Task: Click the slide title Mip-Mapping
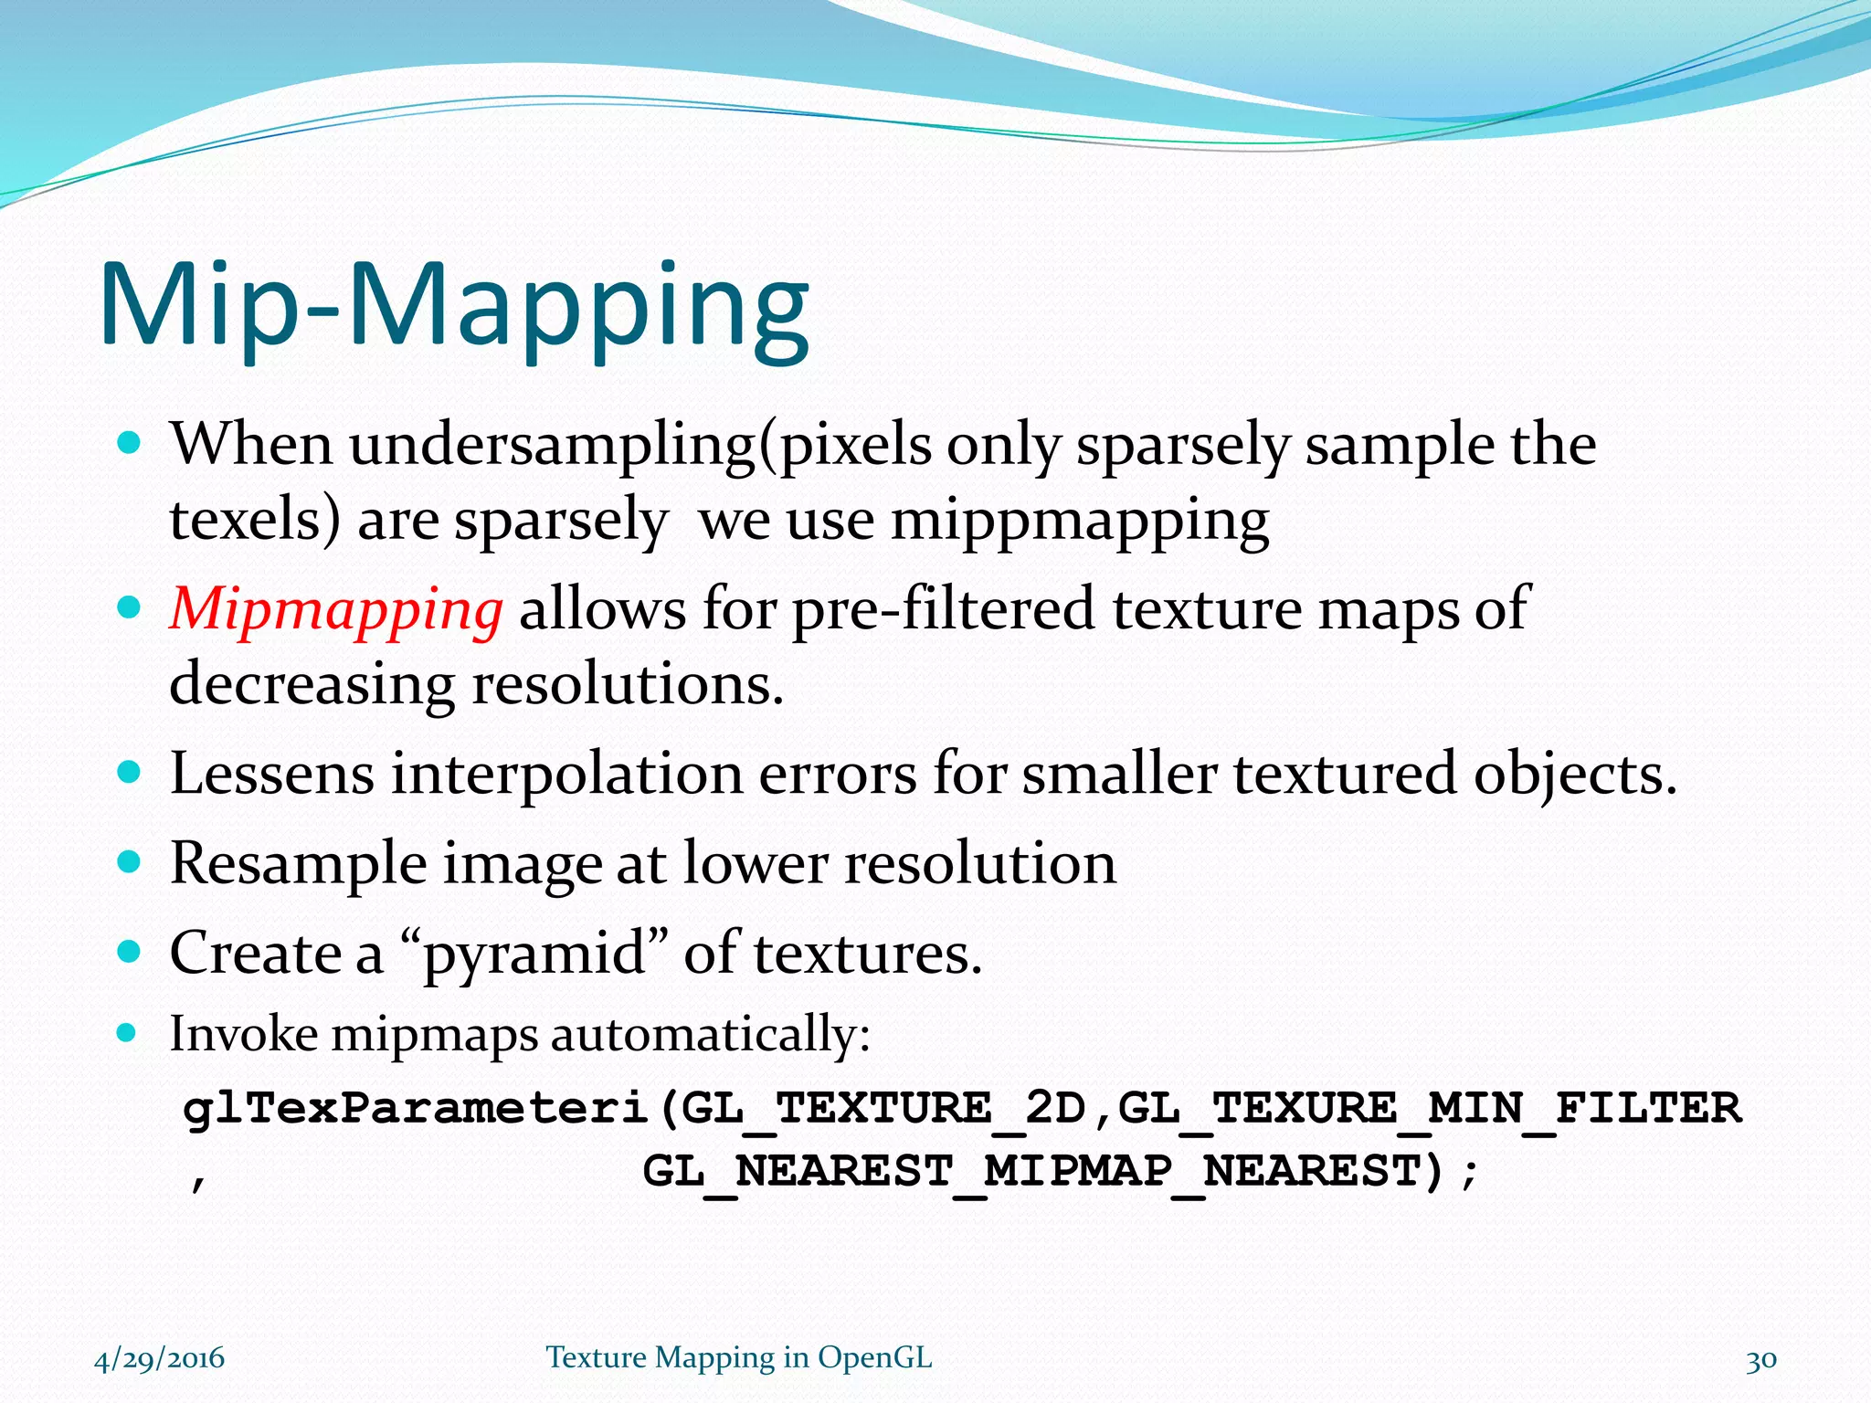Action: point(454,306)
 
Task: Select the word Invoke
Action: point(244,1035)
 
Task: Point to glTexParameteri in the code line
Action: point(416,1109)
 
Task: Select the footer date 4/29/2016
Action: point(159,1358)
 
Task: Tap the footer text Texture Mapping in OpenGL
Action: point(739,1358)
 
